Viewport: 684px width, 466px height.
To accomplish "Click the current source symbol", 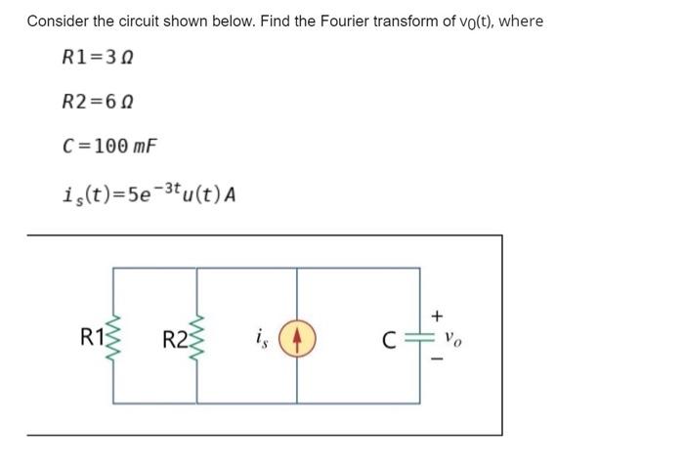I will point(298,340).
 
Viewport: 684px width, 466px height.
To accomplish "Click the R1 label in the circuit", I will point(92,339).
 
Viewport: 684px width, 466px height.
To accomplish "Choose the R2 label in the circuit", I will point(175,340).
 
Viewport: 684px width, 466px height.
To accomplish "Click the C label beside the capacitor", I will point(390,340).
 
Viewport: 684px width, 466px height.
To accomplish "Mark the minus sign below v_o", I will point(438,361).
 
